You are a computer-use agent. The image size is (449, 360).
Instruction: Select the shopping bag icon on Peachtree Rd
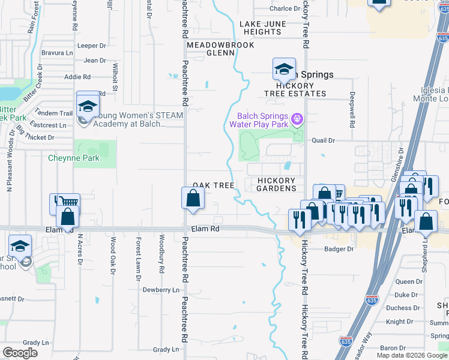tap(193, 198)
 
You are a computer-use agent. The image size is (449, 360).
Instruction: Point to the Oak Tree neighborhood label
tap(213, 186)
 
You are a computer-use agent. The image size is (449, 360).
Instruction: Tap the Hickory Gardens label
tap(277, 184)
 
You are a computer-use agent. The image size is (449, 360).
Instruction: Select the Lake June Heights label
tap(264, 28)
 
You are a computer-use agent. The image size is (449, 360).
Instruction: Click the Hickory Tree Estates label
tap(296, 89)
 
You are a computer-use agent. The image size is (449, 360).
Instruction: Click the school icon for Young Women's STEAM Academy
tap(88, 106)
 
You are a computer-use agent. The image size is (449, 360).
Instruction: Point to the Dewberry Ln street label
tap(161, 290)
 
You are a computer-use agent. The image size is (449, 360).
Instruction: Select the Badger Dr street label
tap(339, 249)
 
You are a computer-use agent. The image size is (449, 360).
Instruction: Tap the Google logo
tap(20, 353)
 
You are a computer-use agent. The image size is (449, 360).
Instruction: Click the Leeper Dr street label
tap(92, 46)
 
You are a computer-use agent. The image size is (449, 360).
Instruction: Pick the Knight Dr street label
tap(399, 322)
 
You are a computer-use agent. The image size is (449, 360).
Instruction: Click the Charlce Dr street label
tap(285, 8)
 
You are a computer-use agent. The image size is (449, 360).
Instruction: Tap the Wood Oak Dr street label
tap(112, 256)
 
